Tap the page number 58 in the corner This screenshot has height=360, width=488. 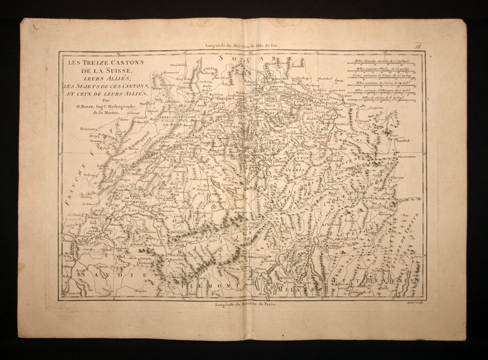[418, 46]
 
